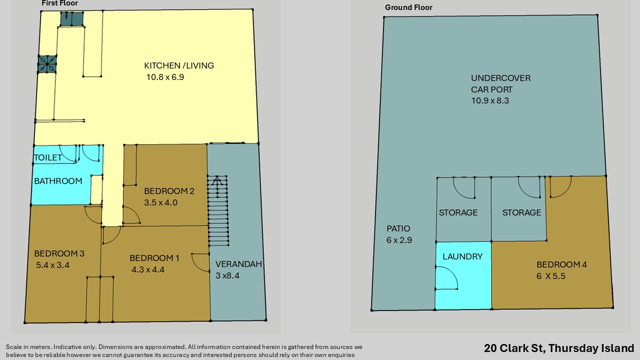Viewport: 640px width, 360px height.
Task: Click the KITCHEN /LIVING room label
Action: [x=179, y=65]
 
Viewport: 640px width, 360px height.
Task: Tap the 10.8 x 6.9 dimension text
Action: [x=165, y=77]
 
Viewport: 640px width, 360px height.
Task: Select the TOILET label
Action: [x=47, y=157]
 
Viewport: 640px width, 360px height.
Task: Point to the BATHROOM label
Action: [x=58, y=181]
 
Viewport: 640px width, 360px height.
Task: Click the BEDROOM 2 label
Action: [x=169, y=191]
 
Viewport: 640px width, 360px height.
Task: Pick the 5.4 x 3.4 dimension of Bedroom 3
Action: [x=52, y=265]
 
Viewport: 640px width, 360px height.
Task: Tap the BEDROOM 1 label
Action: [x=154, y=258]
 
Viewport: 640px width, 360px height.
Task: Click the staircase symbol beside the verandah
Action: [x=218, y=210]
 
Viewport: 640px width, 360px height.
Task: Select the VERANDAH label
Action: [x=238, y=264]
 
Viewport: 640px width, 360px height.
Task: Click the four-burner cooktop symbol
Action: [x=47, y=64]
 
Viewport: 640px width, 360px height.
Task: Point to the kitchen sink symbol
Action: [x=71, y=19]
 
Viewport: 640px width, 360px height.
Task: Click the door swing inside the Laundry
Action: [x=446, y=277]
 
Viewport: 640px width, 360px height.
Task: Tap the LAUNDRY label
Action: [x=462, y=256]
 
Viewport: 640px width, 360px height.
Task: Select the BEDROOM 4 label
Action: [x=561, y=264]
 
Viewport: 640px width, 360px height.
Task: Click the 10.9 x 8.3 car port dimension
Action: [x=490, y=100]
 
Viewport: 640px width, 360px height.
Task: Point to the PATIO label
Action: [x=398, y=228]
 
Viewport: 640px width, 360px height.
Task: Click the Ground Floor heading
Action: [x=408, y=7]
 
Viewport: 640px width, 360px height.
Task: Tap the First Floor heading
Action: [x=59, y=3]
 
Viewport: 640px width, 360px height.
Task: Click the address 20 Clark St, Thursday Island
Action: [x=559, y=348]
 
